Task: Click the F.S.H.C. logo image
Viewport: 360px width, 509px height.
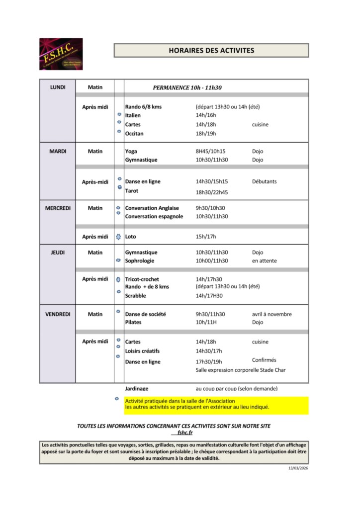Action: (x=61, y=54)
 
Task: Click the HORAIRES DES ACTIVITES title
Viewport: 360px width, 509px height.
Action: (x=211, y=50)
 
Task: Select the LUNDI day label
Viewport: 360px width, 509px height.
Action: (x=58, y=87)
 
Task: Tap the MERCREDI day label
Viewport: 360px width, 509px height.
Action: (x=58, y=208)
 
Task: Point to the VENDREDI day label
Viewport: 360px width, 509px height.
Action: (x=58, y=314)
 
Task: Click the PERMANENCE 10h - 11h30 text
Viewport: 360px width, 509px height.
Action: (x=187, y=87)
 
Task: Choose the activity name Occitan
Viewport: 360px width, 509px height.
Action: (x=134, y=133)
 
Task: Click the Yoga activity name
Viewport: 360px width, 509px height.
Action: (x=131, y=151)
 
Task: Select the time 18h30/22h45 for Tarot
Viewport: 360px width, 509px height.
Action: (x=211, y=192)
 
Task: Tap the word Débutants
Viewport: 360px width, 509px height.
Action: (x=264, y=181)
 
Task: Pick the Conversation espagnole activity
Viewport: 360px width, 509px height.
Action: (x=154, y=216)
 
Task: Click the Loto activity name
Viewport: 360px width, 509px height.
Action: (x=130, y=237)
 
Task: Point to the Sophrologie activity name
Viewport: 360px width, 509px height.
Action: (x=140, y=260)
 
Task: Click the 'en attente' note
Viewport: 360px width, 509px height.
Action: (x=264, y=260)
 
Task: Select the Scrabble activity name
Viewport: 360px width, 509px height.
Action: (x=136, y=295)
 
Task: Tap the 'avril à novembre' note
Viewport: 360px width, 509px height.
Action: (x=271, y=314)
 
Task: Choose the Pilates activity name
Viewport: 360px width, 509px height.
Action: (x=133, y=322)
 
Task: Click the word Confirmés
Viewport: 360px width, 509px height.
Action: (x=264, y=360)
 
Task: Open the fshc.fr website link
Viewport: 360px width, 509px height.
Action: (x=185, y=432)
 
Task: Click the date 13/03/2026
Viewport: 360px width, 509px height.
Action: (x=298, y=468)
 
